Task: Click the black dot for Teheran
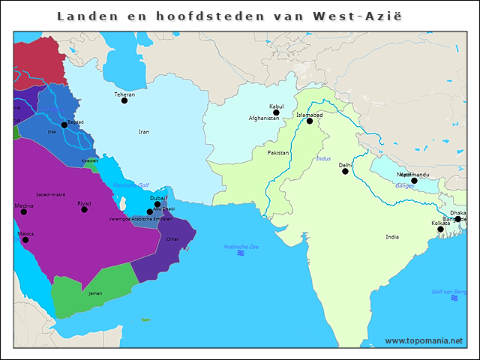[124, 100]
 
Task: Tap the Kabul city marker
[276, 112]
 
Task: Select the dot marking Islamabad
[310, 121]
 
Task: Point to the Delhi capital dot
[345, 171]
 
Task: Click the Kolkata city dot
[440, 229]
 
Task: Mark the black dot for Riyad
[84, 209]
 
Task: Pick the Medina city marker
[23, 211]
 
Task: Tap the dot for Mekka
[25, 240]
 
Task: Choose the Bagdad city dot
[64, 125]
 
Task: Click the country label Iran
[144, 132]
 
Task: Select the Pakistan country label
[277, 153]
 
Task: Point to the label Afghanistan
[265, 118]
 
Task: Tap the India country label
[392, 237]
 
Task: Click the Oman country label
[173, 239]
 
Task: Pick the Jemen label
[95, 293]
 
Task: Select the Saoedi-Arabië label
[50, 194]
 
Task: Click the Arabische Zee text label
[241, 246]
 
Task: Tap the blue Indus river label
[323, 159]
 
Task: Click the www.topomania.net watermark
[424, 340]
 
